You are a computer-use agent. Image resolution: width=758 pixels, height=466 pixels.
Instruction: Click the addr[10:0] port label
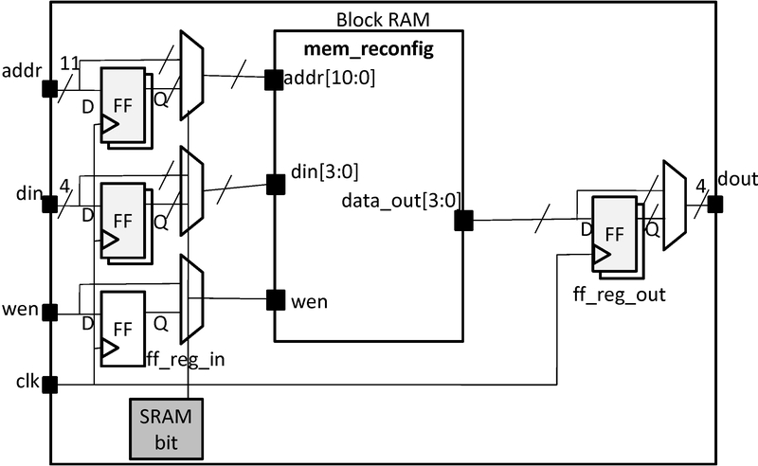330,79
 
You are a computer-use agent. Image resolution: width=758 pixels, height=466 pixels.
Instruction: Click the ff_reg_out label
620,295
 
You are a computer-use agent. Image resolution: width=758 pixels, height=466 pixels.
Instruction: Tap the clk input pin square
50,385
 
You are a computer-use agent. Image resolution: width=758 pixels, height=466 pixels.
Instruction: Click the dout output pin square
715,204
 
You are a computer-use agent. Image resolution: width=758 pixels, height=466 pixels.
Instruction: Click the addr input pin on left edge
50,89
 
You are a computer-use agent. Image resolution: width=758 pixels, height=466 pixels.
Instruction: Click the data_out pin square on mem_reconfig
464,221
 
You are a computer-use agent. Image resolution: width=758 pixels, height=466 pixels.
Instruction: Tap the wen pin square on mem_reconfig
275,301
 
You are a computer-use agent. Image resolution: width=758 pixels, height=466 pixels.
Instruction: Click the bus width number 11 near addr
69,63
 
